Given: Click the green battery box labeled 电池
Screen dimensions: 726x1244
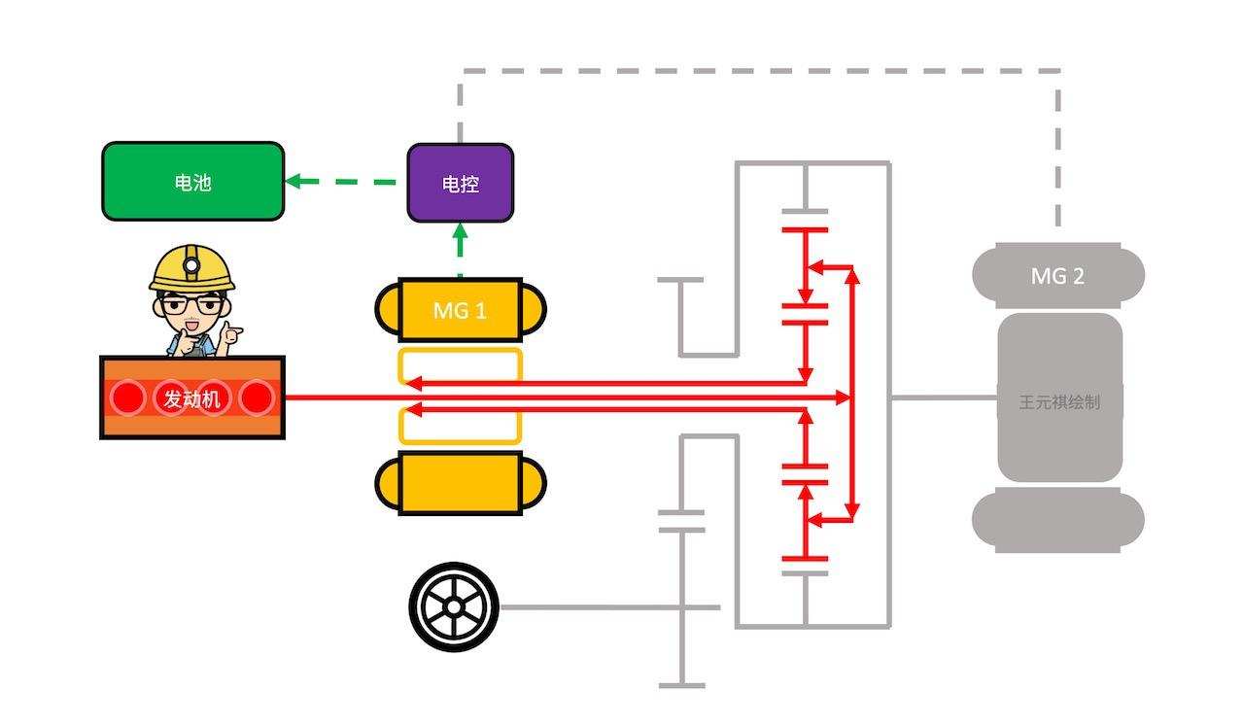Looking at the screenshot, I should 192,182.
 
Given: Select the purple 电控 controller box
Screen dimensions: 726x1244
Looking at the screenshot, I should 460,183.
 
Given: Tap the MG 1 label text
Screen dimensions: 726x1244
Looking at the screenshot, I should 459,311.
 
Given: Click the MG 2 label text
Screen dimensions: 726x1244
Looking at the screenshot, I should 1057,276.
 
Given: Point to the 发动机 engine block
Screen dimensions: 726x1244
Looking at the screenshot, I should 192,398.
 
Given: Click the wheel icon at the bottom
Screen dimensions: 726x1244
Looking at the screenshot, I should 453,607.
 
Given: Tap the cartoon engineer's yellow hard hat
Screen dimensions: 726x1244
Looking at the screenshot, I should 192,265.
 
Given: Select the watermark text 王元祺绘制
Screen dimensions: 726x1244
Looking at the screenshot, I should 1059,401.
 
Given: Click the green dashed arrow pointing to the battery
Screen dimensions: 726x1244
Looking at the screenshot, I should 340,181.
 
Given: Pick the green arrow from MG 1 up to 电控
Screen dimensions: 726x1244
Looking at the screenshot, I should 460,249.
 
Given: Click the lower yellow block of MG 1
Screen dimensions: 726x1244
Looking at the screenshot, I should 460,483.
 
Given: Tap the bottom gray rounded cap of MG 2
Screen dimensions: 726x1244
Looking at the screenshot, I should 1058,520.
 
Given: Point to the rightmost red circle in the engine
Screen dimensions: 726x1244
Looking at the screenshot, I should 257,398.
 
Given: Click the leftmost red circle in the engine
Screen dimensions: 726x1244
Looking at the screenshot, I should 126,398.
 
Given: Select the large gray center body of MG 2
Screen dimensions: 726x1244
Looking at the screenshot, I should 1059,398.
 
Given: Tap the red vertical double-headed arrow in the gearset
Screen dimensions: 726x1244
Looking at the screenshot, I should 852,394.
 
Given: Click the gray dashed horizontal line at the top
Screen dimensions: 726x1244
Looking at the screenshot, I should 758,71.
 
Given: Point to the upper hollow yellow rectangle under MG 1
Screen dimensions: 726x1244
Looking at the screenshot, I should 460,364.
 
